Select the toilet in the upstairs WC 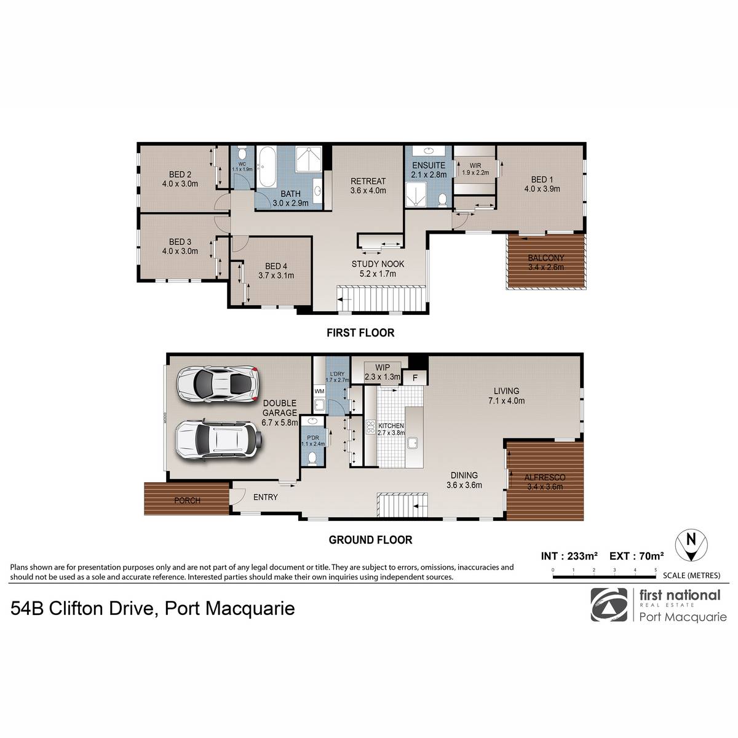tap(242, 154)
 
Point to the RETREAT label tap(368, 181)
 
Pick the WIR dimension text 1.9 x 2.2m tap(475, 173)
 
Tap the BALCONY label tap(546, 258)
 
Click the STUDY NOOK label tap(378, 264)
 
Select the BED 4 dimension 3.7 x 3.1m tap(276, 276)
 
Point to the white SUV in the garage tap(219, 439)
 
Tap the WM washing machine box tap(319, 391)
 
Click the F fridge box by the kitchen tap(415, 378)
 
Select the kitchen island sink tap(412, 443)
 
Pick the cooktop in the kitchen tap(370, 427)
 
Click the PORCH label tap(187, 500)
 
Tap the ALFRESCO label tap(545, 478)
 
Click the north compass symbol tap(691, 546)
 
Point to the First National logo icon tap(609, 605)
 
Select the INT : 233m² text tap(569, 556)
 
